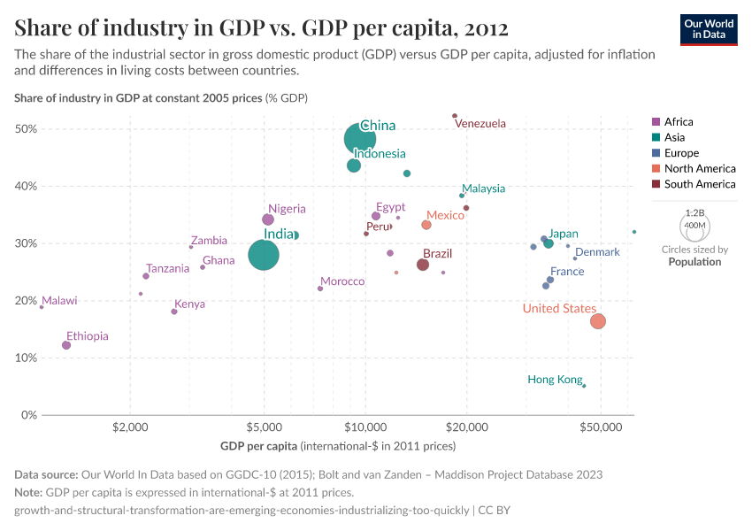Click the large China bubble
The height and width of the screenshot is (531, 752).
coord(359,139)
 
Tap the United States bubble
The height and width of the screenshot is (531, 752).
coord(598,321)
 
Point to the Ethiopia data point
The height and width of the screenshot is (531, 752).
coord(66,345)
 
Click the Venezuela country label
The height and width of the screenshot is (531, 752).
coord(480,124)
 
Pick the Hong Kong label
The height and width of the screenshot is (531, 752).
coord(555,380)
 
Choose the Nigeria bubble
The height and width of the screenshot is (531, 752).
coord(268,219)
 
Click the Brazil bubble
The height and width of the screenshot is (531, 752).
coord(423,265)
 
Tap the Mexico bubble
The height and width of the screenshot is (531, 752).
coord(426,225)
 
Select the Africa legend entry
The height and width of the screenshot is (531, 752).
coord(679,122)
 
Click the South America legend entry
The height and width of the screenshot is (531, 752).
coord(699,184)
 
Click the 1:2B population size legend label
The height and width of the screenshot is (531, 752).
coord(695,213)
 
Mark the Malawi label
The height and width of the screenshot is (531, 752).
coord(59,301)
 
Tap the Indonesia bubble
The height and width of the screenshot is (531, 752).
coord(354,165)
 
